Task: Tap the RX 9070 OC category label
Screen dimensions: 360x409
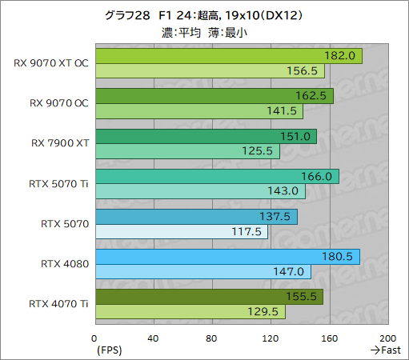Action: pos(58,102)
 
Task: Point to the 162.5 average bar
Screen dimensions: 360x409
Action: pos(214,96)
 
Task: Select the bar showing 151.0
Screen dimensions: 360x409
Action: pos(206,136)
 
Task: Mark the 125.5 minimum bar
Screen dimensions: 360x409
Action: pos(187,151)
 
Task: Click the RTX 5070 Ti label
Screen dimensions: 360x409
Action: pos(58,183)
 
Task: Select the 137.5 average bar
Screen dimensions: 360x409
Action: pos(196,217)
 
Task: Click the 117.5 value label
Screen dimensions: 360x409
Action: pos(247,231)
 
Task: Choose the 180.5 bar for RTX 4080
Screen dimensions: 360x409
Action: pos(227,257)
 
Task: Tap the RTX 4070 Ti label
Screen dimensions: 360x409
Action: pos(58,303)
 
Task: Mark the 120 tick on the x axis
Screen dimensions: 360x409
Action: pos(271,338)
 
